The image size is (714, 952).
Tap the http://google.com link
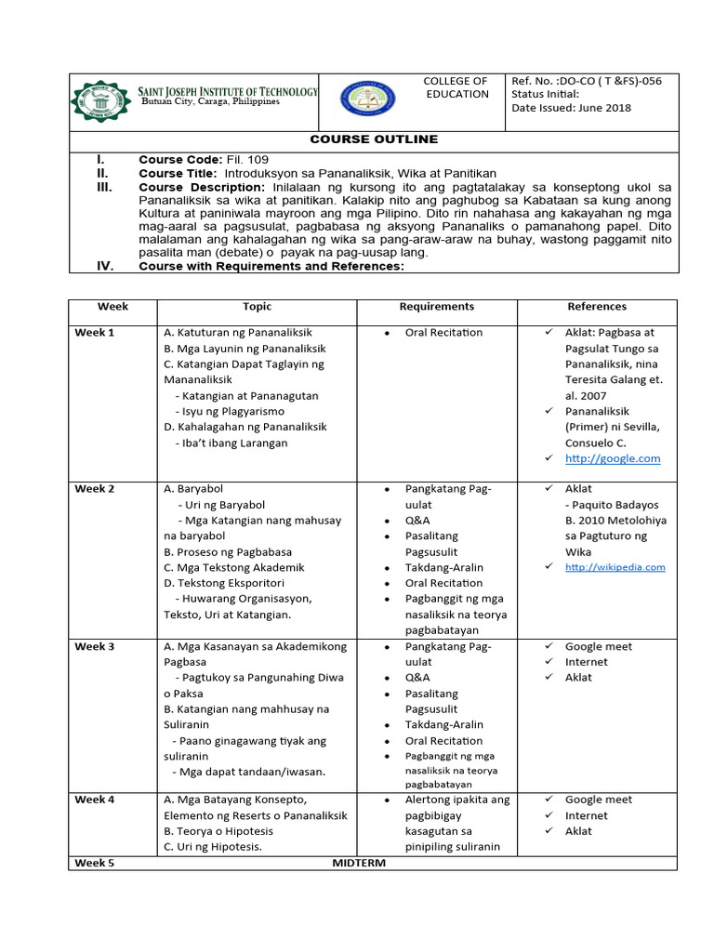coord(613,458)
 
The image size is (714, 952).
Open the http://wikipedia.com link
coord(615,567)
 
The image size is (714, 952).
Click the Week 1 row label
coord(95,333)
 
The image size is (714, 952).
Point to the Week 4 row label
coord(95,800)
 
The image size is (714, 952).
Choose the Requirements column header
coord(436,307)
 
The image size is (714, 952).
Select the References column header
coord(597,307)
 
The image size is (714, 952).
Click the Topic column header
coord(258,307)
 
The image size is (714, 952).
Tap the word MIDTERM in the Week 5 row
coord(359,863)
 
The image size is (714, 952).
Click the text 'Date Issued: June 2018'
coord(571,108)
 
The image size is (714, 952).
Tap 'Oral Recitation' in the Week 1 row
coord(443,333)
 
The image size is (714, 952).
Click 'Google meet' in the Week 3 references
coord(598,646)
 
